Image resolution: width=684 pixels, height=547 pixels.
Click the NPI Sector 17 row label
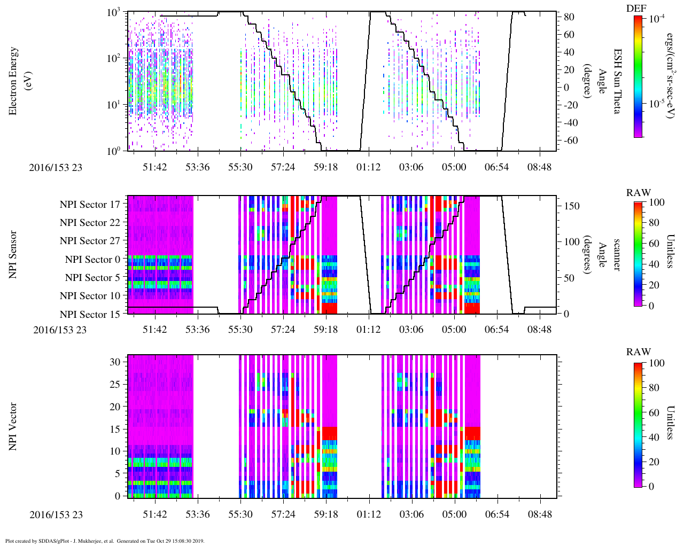click(x=90, y=205)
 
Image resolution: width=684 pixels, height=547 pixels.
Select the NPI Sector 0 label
click(x=92, y=260)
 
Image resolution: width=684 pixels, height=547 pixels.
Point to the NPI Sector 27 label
click(x=90, y=241)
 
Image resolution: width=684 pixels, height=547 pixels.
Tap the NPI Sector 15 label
click(x=90, y=315)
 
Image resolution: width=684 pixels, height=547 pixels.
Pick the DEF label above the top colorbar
click(x=636, y=8)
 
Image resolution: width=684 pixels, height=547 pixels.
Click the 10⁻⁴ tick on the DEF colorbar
click(x=656, y=18)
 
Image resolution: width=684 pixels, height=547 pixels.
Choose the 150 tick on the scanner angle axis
click(x=572, y=206)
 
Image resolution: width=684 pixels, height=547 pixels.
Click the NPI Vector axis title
click(x=13, y=426)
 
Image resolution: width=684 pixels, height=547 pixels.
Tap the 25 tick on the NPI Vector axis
click(x=115, y=385)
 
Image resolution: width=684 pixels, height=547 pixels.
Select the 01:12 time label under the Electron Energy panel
click(x=368, y=167)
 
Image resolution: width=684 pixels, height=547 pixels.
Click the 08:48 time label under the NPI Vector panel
click(x=539, y=515)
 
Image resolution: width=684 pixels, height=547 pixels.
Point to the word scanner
click(x=616, y=255)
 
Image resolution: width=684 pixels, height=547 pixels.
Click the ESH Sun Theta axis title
click(x=617, y=81)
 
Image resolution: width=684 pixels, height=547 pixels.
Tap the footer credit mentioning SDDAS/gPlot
click(x=105, y=541)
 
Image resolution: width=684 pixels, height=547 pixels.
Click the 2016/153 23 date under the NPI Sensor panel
click(x=60, y=330)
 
